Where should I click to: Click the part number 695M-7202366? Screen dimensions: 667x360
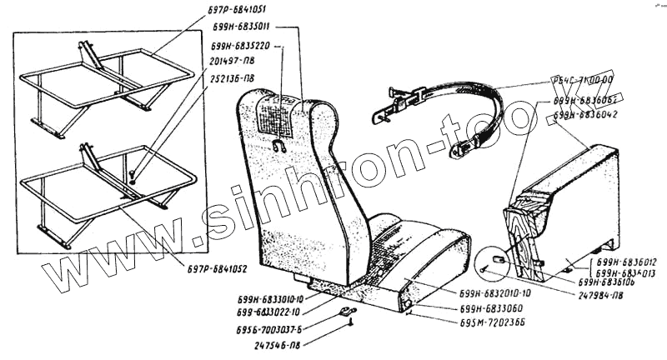pyautogui.click(x=489, y=324)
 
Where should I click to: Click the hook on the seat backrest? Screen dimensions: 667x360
pyautogui.click(x=279, y=147)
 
